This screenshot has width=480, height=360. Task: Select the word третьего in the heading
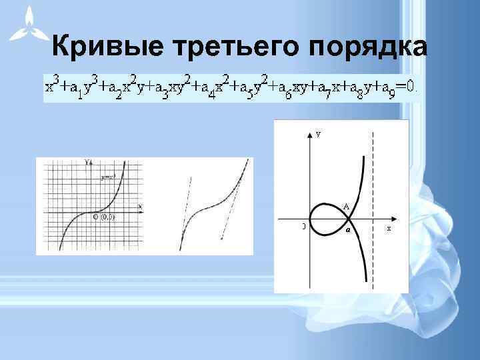236,46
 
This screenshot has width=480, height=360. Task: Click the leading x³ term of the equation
51,85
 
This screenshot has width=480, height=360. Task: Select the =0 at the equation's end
408,86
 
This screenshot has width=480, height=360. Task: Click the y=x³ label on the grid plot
108,178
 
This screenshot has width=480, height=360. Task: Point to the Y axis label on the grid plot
87,163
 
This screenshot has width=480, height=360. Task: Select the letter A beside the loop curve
347,206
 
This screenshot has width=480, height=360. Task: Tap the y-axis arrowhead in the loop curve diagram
309,134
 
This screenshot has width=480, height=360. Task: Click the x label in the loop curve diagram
389,228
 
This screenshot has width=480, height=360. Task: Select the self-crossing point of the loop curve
351,218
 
